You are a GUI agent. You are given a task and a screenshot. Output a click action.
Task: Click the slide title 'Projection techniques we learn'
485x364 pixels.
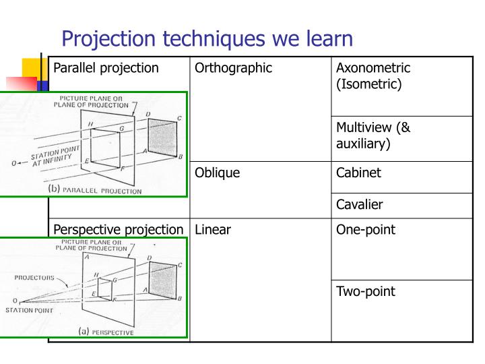tap(207, 38)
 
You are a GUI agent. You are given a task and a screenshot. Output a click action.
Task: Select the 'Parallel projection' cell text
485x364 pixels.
tap(106, 67)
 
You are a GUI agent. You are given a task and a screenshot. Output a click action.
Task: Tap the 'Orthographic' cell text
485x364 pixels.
tap(233, 67)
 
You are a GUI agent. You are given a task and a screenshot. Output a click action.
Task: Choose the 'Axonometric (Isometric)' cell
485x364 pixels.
tap(373, 75)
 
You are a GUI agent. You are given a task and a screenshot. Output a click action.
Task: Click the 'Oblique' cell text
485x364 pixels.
tap(218, 173)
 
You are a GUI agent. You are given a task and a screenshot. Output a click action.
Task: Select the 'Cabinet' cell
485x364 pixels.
tap(359, 173)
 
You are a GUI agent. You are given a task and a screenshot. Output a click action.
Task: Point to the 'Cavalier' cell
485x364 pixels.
tap(360, 204)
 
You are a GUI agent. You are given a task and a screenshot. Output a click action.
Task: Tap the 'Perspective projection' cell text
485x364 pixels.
tap(118, 230)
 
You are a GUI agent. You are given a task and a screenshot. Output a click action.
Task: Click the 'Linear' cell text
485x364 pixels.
tap(213, 230)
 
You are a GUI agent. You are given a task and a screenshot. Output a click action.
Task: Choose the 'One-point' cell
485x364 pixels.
tap(366, 230)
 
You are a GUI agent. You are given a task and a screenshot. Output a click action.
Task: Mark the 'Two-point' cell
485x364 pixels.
tap(365, 292)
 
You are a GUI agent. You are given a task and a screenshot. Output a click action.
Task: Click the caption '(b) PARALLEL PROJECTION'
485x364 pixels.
tap(94, 190)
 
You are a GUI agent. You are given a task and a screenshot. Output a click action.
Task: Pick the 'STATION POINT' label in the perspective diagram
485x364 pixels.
tap(25, 310)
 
